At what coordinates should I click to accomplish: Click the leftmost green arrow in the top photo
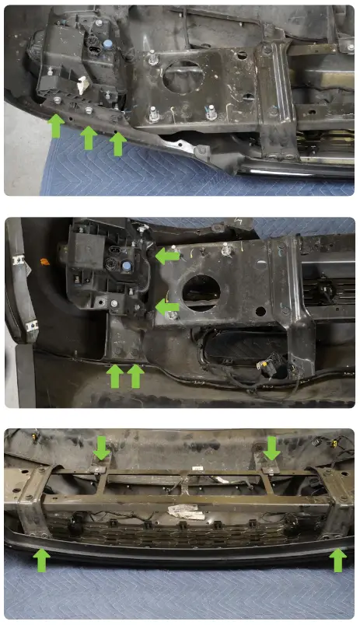coord(55,126)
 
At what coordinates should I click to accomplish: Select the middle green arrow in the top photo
coord(89,138)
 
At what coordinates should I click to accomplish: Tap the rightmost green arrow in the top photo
coord(117,143)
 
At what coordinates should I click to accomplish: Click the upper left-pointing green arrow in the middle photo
coord(166,256)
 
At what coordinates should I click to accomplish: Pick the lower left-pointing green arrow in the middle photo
coord(166,308)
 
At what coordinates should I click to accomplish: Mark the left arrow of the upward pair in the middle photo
coord(115,376)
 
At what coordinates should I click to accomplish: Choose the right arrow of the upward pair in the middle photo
coord(135,376)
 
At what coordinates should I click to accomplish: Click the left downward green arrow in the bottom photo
coord(101,448)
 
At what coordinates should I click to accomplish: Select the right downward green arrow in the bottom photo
coord(271,448)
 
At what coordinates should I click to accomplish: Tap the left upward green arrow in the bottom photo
coord(41,559)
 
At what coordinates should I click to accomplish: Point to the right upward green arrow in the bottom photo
coord(337,559)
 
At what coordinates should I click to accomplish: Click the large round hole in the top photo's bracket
coord(183,78)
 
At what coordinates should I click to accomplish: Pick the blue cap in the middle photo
coord(125,266)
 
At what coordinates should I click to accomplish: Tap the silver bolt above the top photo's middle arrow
coord(89,112)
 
